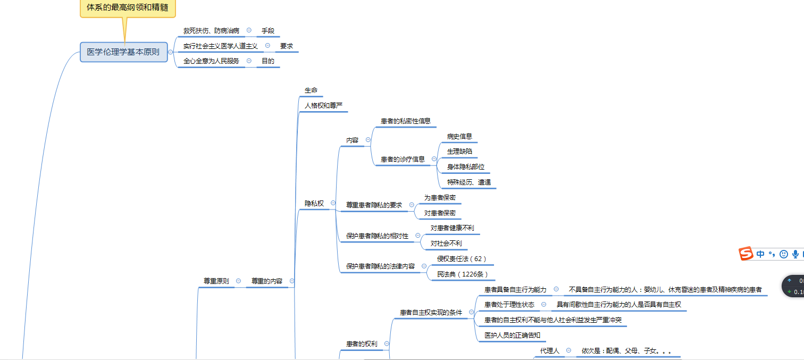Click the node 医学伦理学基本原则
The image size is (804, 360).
[x=123, y=52]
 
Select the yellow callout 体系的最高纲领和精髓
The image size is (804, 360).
[x=128, y=8]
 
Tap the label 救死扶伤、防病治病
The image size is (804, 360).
[x=211, y=31]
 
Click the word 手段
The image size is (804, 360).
[x=267, y=31]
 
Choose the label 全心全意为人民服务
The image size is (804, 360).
[x=211, y=61]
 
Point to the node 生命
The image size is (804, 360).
[x=311, y=90]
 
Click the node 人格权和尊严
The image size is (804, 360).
[x=323, y=106]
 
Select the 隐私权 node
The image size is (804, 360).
[x=314, y=203]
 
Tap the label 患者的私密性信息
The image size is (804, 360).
[x=406, y=121]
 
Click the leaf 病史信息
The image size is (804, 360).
[x=459, y=136]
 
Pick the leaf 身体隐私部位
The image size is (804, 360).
[x=466, y=167]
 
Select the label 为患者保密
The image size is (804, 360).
[x=440, y=197]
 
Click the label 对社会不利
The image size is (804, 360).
[x=446, y=244]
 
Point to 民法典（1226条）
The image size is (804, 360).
[x=460, y=274]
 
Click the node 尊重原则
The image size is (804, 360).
[x=216, y=281]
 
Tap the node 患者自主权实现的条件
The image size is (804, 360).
[x=431, y=312]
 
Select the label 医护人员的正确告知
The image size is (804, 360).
[x=512, y=335]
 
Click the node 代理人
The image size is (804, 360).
[x=550, y=351]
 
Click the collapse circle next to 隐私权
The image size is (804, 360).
[x=333, y=203]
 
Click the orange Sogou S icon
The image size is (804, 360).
[x=747, y=254]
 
